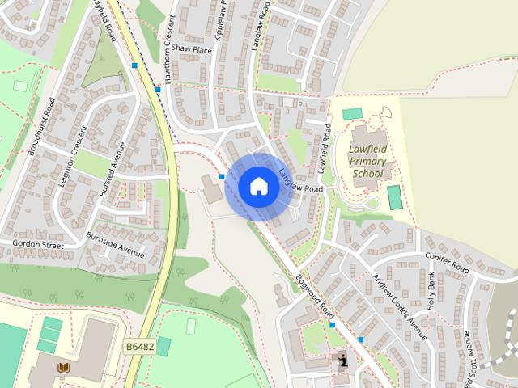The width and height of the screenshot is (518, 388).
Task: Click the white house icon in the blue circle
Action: point(258,186)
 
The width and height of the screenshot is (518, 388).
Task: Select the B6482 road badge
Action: point(139,346)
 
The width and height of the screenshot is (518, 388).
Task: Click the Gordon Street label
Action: point(36,243)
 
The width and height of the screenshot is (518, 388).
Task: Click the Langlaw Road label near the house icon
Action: point(301,182)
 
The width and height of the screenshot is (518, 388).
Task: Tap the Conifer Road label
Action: point(448,264)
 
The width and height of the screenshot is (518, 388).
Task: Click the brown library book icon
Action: point(64,369)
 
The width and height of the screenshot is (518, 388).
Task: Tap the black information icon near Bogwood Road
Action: point(343,361)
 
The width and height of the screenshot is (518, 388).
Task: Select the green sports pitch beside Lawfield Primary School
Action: point(394,197)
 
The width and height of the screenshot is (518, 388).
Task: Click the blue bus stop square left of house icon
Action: point(222,175)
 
